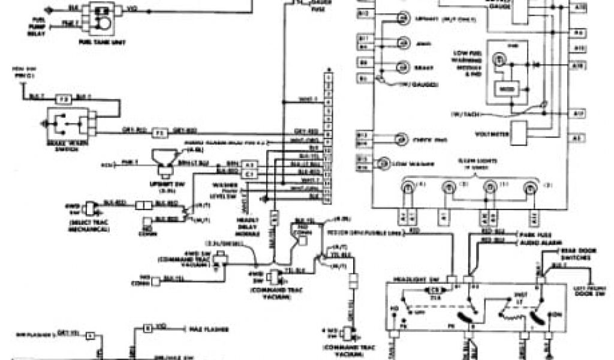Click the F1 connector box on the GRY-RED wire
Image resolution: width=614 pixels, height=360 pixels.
159,131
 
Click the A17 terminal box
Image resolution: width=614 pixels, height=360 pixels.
578,113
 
